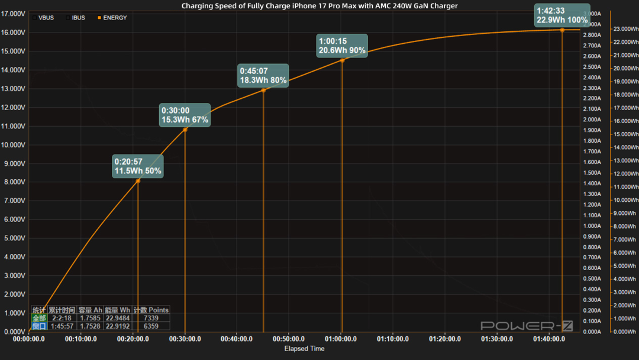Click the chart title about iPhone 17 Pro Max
point(319,6)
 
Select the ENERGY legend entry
point(115,18)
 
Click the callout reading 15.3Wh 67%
point(185,115)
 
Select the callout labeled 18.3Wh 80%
point(263,75)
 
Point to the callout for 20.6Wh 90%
point(342,46)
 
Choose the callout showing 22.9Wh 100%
point(562,15)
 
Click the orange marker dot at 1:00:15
point(342,60)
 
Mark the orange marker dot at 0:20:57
point(138,181)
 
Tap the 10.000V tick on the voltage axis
point(14,145)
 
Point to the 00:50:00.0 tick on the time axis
point(289,339)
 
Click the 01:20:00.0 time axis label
point(445,339)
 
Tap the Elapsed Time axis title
point(304,349)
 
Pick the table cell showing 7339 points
point(151,318)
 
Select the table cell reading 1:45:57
point(62,326)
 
